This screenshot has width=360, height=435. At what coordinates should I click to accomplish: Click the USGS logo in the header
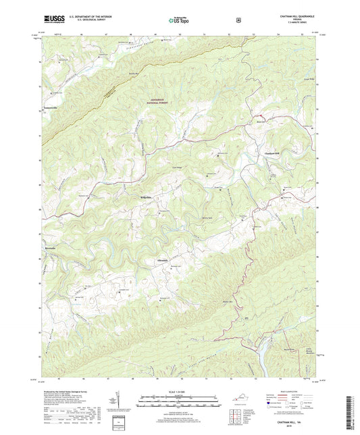click(x=48, y=20)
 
